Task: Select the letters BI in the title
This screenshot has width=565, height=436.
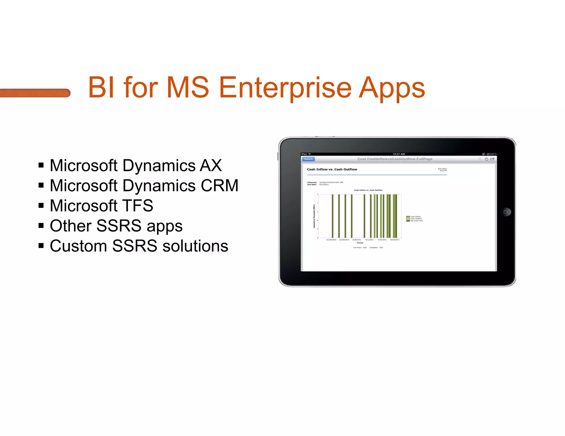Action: tap(101, 88)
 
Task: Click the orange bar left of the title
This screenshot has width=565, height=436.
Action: tap(35, 93)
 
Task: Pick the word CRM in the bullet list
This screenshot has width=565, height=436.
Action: tap(219, 185)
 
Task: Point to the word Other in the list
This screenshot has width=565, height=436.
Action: tap(71, 226)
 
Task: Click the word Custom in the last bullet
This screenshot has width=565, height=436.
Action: tap(78, 246)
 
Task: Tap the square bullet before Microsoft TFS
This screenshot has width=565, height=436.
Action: tap(41, 206)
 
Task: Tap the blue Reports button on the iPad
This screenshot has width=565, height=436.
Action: tap(308, 159)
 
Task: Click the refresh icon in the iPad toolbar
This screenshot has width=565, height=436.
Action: tap(486, 159)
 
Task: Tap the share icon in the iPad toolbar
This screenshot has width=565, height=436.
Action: tap(492, 159)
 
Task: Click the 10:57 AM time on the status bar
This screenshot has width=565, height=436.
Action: tap(399, 154)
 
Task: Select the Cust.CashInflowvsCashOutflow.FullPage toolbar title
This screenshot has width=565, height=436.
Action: tap(395, 159)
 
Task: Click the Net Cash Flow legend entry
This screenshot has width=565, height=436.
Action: tap(416, 221)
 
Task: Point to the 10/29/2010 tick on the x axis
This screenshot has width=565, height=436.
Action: tap(331, 240)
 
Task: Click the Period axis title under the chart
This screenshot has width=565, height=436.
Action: tap(360, 243)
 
